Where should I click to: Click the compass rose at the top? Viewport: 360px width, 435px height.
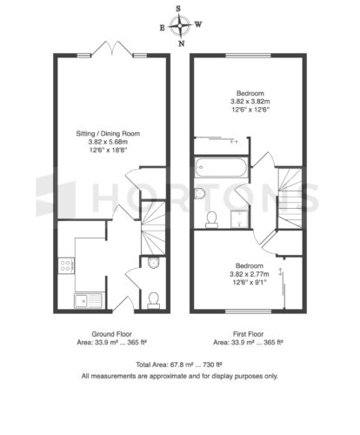tap(180, 26)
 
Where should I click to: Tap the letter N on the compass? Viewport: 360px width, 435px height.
tap(181, 43)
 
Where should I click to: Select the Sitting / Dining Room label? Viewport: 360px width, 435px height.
tap(108, 134)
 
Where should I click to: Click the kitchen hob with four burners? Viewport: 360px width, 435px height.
tap(66, 265)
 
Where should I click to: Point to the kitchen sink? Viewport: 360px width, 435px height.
tap(89, 300)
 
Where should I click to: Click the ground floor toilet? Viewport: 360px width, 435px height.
tap(153, 300)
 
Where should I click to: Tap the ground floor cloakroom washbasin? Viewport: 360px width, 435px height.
tap(153, 263)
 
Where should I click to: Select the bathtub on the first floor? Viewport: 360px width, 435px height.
tap(221, 168)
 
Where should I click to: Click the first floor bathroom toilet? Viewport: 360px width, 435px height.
tap(211, 219)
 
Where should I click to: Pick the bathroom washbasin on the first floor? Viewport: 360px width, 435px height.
tap(199, 193)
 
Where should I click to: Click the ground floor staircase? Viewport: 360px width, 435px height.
tap(153, 228)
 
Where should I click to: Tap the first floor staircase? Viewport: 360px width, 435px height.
tap(290, 198)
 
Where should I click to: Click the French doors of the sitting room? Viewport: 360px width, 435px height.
tap(112, 49)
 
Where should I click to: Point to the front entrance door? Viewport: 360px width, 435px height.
tap(123, 304)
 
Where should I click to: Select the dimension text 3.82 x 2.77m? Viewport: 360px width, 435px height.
tap(250, 274)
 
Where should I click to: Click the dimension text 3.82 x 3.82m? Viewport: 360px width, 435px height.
tap(250, 102)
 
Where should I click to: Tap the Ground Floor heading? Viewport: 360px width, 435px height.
tap(111, 334)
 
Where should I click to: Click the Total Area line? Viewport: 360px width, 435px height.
tap(179, 365)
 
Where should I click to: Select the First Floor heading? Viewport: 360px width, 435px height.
tap(248, 334)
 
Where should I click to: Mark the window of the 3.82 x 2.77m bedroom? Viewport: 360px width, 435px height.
tap(249, 311)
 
